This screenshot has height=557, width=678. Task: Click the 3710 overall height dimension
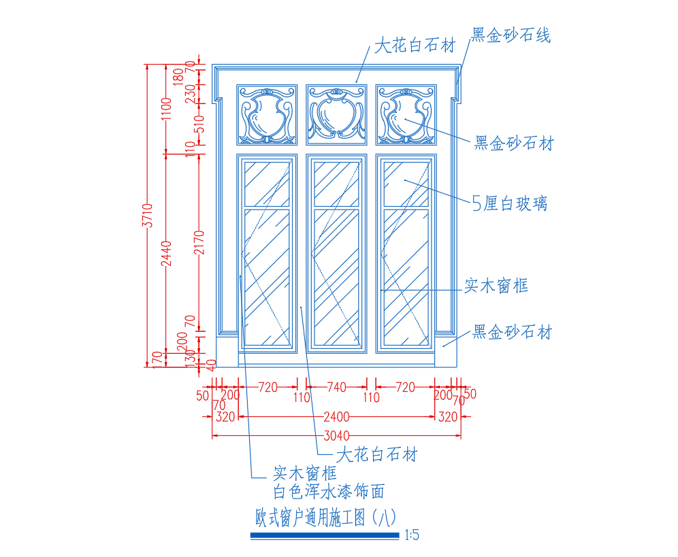tap(148, 215)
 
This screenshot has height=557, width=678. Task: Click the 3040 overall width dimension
tap(336, 435)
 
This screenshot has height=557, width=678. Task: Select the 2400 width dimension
tap(336, 417)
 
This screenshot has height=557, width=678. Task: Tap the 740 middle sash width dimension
tap(336, 387)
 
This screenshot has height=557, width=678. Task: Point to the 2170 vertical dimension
tap(199, 242)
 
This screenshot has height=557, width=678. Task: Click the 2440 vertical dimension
tap(166, 254)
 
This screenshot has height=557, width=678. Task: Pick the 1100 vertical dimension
tap(166, 109)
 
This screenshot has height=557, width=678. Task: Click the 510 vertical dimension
tap(199, 124)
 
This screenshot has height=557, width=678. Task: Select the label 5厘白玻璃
tap(509, 203)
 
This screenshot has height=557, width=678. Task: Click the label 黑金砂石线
tap(511, 35)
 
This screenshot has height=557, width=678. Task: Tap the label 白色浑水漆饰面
tap(329, 491)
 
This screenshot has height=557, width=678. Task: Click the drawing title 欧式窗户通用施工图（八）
tap(325, 518)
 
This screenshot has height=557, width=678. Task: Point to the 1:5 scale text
tap(412, 535)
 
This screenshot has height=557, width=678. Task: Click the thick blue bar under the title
tap(325, 536)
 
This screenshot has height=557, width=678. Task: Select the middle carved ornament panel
tap(336, 115)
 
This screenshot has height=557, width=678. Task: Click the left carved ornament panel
tap(267, 115)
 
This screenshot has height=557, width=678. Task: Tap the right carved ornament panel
tap(406, 115)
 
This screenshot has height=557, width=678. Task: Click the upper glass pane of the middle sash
tap(336, 184)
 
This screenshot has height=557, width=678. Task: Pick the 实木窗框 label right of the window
tap(496, 286)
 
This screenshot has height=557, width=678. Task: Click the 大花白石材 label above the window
tap(415, 46)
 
